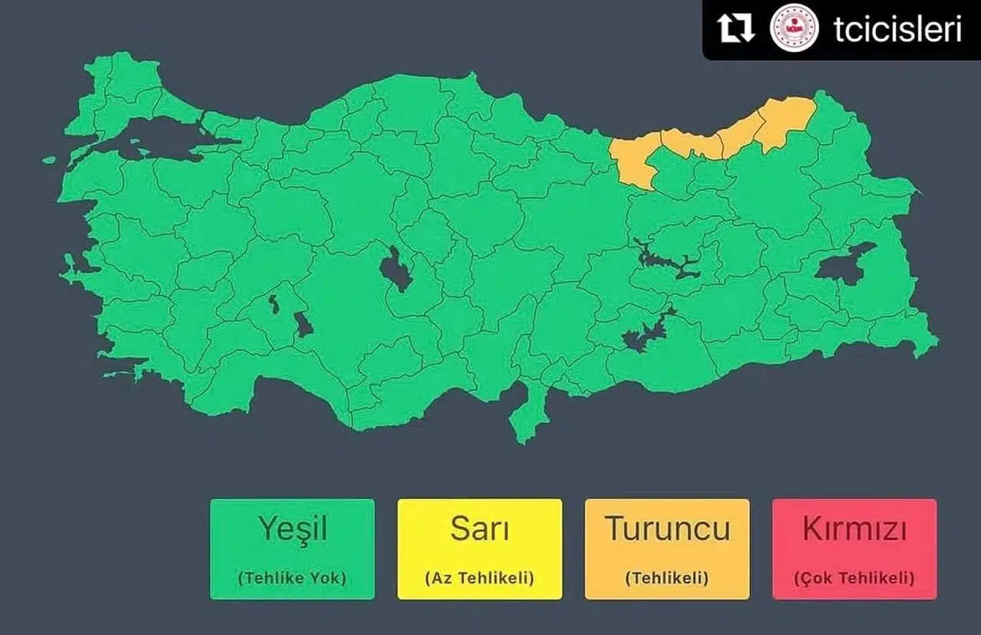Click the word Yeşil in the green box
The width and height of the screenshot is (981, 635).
tap(292, 529)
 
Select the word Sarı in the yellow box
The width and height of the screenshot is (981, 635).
tap(479, 529)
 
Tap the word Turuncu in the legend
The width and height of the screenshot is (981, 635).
tap(667, 529)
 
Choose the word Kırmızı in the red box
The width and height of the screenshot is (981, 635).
tap(854, 529)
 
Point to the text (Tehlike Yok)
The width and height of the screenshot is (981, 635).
tap(292, 578)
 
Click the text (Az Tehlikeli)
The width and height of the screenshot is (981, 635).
tap(479, 578)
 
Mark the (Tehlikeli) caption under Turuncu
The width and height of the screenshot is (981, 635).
tap(667, 578)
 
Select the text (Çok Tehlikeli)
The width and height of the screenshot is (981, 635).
tap(854, 578)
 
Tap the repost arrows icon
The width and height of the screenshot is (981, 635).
tap(736, 29)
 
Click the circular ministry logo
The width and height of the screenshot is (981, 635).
tap(794, 29)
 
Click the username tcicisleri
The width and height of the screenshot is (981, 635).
tap(897, 29)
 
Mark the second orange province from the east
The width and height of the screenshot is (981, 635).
tap(740, 134)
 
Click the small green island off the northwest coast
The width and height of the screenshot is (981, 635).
tap(49, 160)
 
